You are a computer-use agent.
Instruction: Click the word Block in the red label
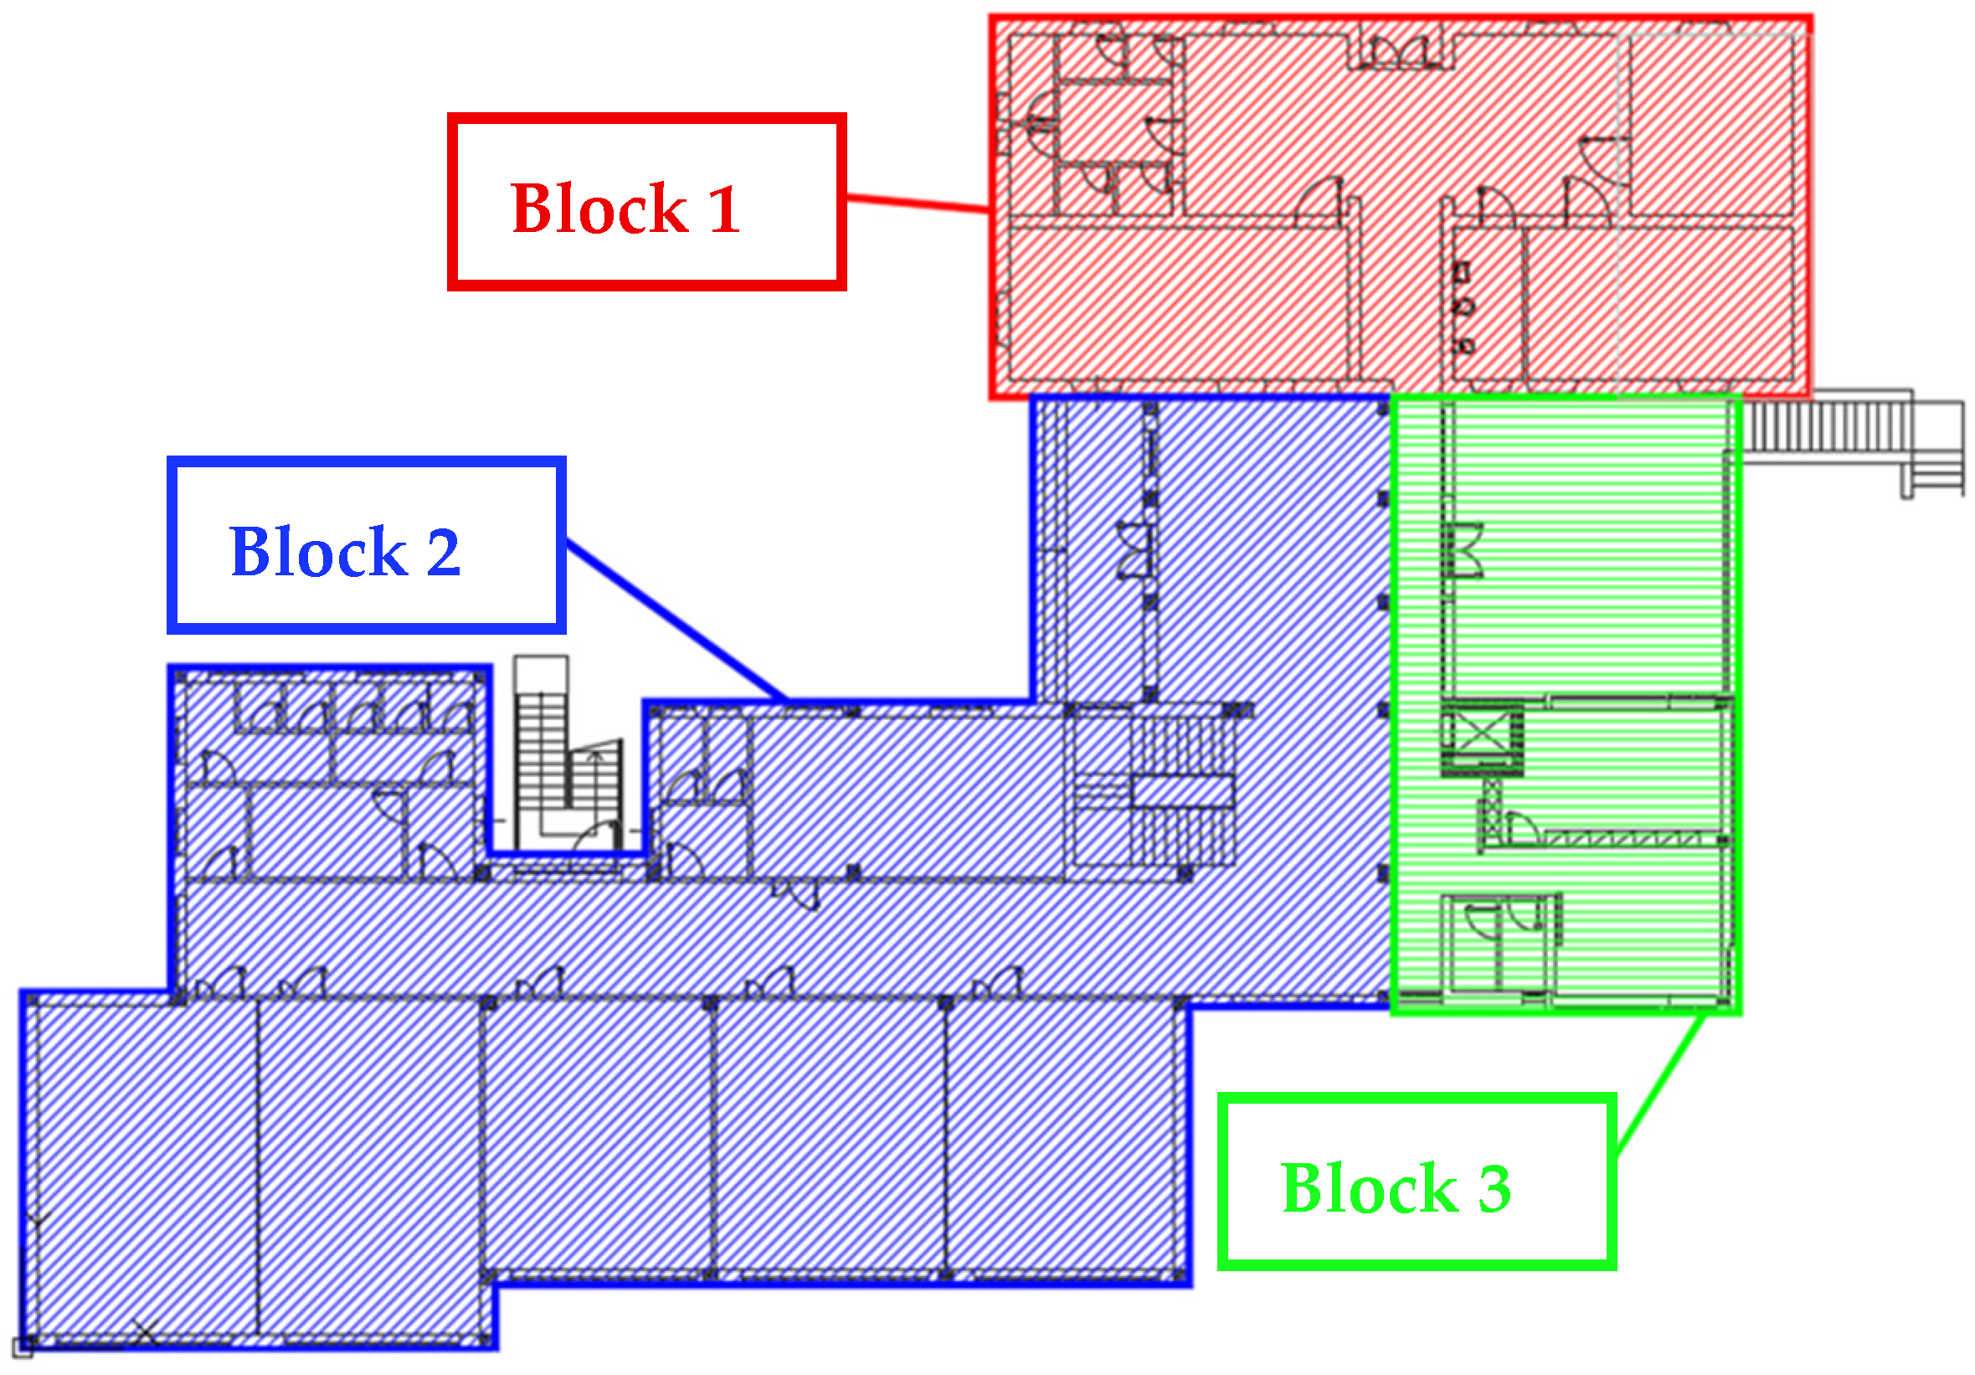(599, 209)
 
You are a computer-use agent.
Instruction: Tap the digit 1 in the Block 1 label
(723, 209)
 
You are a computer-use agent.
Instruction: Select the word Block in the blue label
(317, 552)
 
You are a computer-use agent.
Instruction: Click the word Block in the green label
(1370, 1188)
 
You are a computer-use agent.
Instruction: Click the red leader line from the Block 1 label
(917, 203)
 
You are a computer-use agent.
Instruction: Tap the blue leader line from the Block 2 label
(676, 621)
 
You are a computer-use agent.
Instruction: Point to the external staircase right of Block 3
(1849, 439)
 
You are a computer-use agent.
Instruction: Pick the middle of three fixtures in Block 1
(1463, 306)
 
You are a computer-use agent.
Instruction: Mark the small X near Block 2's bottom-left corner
(145, 1333)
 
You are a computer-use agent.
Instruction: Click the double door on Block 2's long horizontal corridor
(795, 895)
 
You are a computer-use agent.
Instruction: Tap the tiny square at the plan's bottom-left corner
(23, 1347)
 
